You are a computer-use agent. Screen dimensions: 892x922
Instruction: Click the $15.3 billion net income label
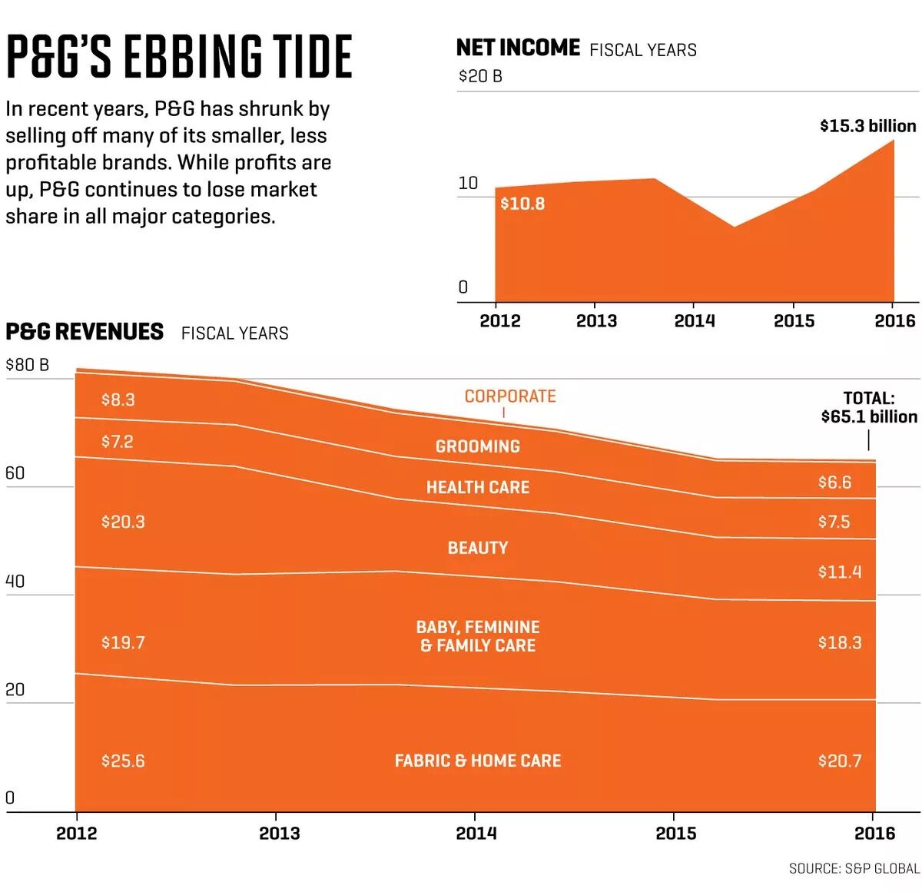(867, 126)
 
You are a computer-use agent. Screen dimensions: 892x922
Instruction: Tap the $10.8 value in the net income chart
(522, 204)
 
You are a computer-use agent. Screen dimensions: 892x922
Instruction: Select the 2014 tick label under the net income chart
(694, 321)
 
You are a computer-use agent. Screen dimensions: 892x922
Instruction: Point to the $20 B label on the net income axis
(480, 77)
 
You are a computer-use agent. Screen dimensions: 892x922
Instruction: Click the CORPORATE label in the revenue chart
(510, 396)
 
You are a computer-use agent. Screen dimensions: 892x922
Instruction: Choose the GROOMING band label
(478, 446)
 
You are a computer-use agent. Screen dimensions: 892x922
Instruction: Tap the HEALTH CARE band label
(478, 487)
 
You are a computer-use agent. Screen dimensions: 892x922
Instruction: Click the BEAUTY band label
(478, 548)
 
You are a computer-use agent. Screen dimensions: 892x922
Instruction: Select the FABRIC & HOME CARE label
(478, 761)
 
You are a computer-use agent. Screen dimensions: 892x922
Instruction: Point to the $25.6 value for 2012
(123, 761)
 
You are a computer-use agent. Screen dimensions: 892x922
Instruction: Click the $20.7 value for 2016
(840, 761)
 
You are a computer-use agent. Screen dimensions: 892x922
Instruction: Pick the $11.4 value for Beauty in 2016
(840, 572)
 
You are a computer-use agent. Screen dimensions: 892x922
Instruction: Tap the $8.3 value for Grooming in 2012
(118, 400)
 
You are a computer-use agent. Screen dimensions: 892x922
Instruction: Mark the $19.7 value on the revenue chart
(123, 642)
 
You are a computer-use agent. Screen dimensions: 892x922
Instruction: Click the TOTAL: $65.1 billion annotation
(869, 408)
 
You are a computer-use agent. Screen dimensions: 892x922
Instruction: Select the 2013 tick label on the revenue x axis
(279, 834)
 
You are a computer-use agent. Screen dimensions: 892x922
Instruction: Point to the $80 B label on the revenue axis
(27, 365)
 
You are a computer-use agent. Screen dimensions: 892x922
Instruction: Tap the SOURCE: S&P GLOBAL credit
(854, 868)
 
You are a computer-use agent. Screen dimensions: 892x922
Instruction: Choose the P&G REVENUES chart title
(85, 332)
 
